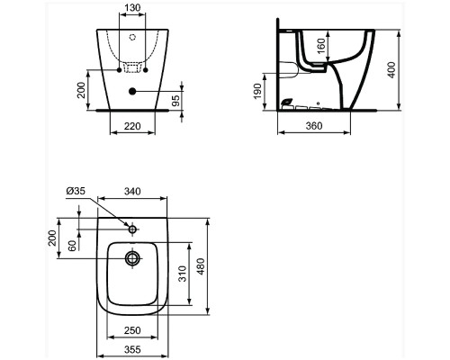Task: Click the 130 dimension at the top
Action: coord(131,7)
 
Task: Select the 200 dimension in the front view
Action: coord(80,89)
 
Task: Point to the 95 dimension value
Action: coord(177,97)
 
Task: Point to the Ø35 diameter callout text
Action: coord(76,192)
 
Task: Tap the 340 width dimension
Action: coord(133,192)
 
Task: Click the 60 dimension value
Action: coord(72,247)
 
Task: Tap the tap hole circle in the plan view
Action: coord(133,229)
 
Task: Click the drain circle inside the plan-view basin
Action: coord(133,259)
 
